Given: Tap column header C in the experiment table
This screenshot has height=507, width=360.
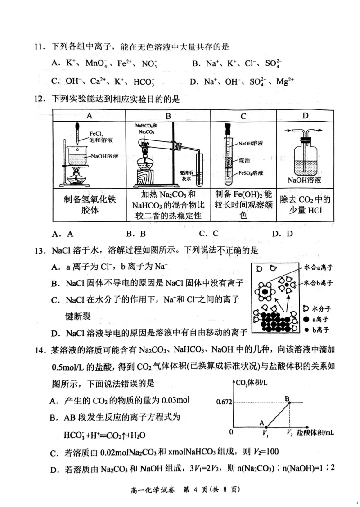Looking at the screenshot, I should click(243, 116).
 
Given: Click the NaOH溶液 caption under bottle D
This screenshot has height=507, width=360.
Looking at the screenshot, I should click(305, 180).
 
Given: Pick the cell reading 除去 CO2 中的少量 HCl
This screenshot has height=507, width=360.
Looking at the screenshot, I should click(305, 205).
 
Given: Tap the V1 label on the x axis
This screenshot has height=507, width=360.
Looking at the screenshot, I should click(266, 433).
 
